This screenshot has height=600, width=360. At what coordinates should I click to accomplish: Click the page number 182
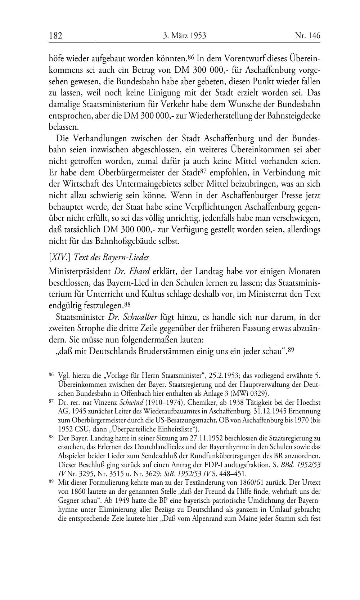pyautogui.click(x=56, y=36)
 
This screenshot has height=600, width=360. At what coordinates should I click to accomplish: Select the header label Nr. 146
pyautogui.click(x=307, y=36)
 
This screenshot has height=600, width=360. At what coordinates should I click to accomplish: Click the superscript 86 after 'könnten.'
pyautogui.click(x=191, y=57)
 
